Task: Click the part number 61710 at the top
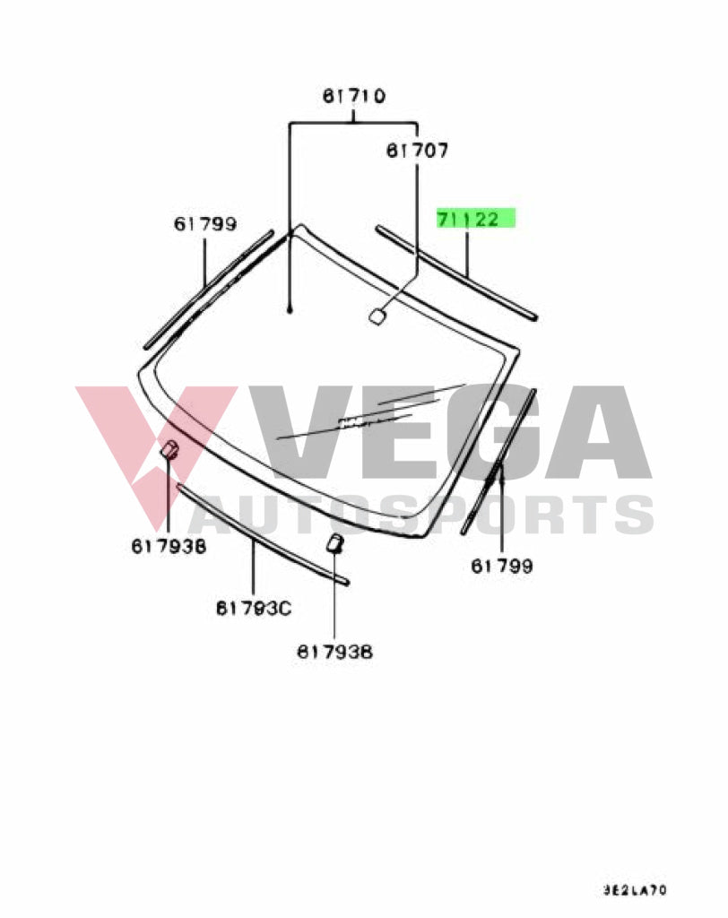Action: click(353, 96)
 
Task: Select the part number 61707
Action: click(417, 150)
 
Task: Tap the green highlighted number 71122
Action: click(476, 219)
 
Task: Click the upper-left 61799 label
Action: click(205, 224)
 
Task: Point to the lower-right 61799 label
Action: click(502, 566)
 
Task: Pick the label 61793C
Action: click(254, 608)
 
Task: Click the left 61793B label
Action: click(168, 544)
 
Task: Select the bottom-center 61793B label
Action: click(334, 652)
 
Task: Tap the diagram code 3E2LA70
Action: click(634, 891)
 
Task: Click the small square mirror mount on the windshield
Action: click(377, 314)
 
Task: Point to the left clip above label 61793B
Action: click(169, 450)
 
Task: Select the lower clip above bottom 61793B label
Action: click(334, 541)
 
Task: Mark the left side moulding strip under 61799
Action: click(208, 289)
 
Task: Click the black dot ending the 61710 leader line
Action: click(290, 310)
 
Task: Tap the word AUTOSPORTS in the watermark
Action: click(421, 515)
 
